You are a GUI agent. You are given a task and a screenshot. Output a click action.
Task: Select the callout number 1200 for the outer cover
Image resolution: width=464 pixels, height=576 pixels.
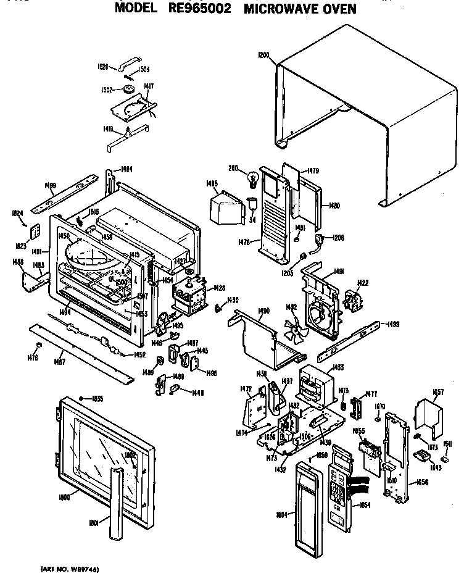coord(264,56)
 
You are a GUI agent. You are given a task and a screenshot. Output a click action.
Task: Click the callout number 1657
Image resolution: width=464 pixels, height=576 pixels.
coord(439,393)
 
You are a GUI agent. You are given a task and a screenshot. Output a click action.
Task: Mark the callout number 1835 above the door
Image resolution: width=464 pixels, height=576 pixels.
coord(97,398)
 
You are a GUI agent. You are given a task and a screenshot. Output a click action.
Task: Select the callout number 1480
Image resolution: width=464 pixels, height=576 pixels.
coord(335,206)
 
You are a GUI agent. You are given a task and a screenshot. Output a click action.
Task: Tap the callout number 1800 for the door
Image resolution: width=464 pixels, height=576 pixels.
coord(64,497)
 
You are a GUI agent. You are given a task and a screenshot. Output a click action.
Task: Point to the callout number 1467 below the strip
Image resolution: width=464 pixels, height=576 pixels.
coord(60,362)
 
